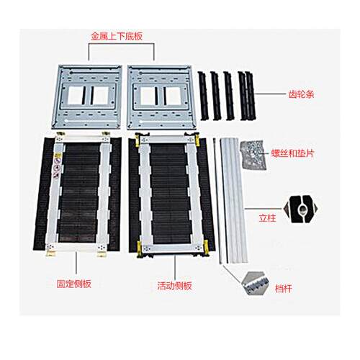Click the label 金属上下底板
[x=117, y=36]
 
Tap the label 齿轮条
[x=301, y=94]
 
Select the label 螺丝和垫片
[x=292, y=153]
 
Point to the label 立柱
[x=267, y=218]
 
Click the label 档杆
[x=283, y=289]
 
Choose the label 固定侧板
[x=74, y=284]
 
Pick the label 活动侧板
[x=174, y=286]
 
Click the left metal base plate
[x=87, y=97]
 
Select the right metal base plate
[x=161, y=97]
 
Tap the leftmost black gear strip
[x=202, y=96]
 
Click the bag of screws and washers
[x=253, y=156]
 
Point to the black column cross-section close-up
[x=300, y=209]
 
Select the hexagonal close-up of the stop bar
[x=254, y=284]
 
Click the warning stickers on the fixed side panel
[x=57, y=166]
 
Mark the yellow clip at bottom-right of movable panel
[x=206, y=248]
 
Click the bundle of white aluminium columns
[x=234, y=200]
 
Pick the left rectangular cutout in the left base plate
[x=75, y=96]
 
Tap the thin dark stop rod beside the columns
[x=217, y=201]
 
